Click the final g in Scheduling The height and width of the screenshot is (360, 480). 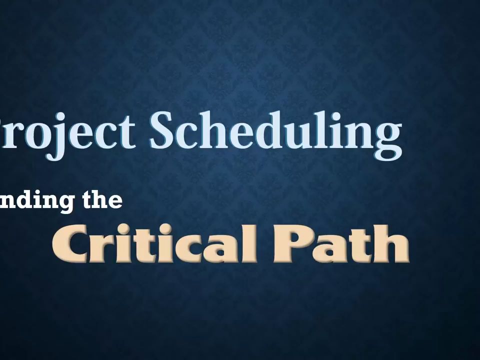387,137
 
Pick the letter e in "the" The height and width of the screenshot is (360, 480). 114,201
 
